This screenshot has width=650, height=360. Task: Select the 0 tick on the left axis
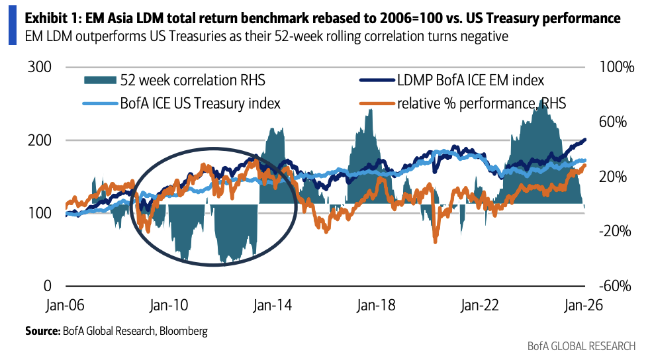tap(48, 286)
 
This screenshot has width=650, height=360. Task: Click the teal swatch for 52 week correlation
tap(100, 81)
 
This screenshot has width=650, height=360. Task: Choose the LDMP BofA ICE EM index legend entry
tap(470, 81)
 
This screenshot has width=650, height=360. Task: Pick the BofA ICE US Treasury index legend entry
tap(199, 103)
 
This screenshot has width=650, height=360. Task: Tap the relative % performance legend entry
tap(481, 103)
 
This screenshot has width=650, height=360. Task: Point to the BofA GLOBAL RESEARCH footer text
tap(581, 346)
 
